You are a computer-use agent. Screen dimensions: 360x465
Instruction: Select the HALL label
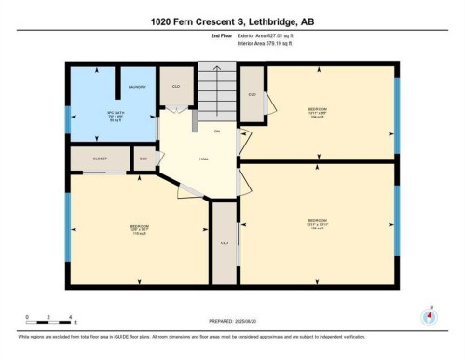tap(202, 159)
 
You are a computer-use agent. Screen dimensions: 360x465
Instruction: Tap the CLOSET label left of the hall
tap(100, 159)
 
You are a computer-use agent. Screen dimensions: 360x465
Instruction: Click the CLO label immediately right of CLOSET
tap(144, 159)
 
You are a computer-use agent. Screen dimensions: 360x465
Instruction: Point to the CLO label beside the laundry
tap(175, 87)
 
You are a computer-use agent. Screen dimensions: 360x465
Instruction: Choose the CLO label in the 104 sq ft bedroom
tap(253, 94)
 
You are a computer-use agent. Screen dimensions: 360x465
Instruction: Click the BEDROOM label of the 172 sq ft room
tap(139, 227)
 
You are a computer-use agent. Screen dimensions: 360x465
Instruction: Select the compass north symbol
tap(430, 314)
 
